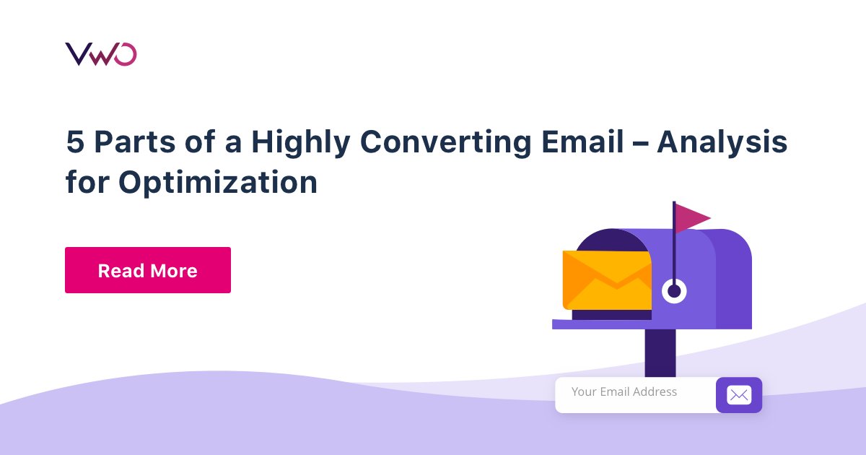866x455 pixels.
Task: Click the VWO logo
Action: tap(100, 54)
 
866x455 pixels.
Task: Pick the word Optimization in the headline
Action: tap(218, 183)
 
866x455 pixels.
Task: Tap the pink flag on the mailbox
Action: tap(691, 217)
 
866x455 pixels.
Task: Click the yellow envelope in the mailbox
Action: tap(606, 280)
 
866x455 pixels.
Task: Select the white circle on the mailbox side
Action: tap(674, 291)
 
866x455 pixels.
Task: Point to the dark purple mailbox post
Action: tap(660, 352)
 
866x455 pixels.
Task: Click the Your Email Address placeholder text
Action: tap(624, 392)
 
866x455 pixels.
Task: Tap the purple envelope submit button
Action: tap(738, 395)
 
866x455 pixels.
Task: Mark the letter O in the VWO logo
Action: tap(125, 54)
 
